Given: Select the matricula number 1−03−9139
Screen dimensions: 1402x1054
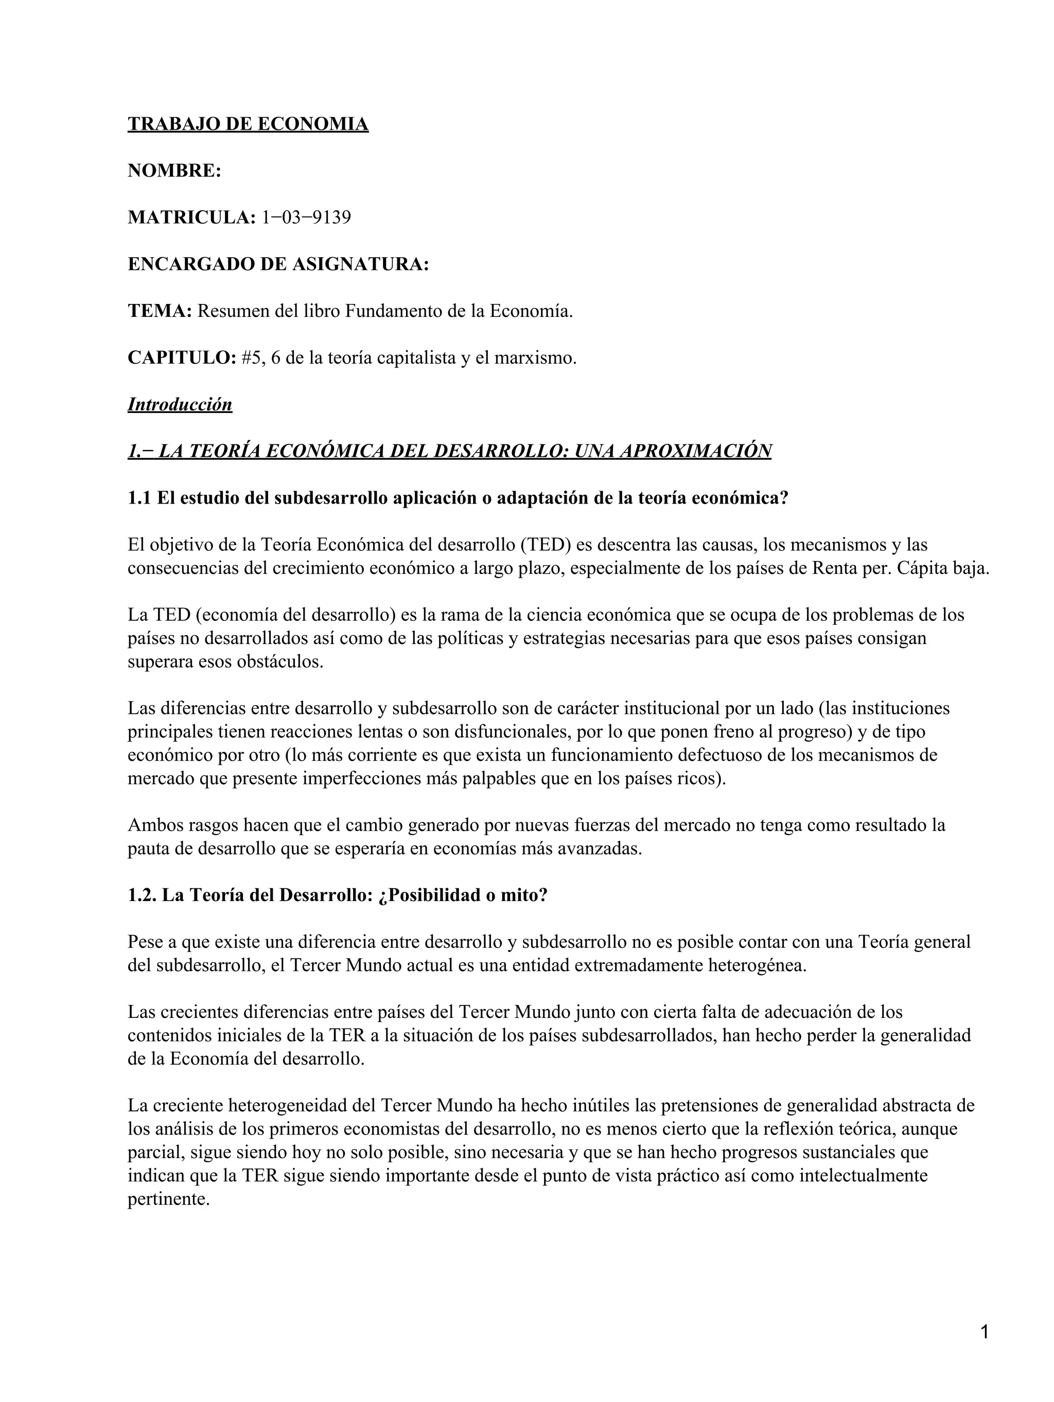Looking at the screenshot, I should pos(306,218).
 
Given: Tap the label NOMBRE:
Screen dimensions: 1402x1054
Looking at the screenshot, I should pos(174,171).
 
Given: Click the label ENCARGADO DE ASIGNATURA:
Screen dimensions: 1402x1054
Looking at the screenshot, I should pos(278,264).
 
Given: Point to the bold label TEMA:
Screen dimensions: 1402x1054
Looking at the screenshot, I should pos(160,311).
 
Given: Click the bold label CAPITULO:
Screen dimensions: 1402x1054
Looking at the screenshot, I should pos(182,358).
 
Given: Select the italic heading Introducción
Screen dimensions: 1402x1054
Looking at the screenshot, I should pos(180,404).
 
